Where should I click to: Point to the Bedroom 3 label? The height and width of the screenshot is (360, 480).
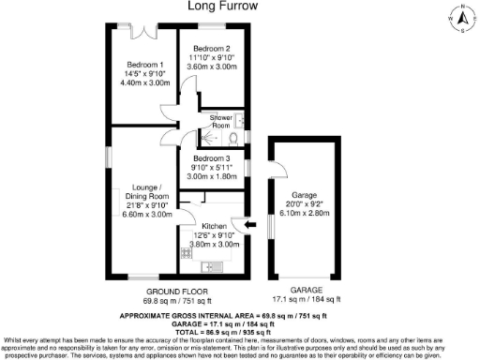[210, 160]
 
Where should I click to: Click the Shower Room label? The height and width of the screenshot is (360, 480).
[221, 121]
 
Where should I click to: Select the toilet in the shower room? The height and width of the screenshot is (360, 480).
[240, 120]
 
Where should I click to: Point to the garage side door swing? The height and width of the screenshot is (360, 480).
[281, 170]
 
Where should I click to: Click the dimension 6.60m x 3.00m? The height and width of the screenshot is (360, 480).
[148, 214]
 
